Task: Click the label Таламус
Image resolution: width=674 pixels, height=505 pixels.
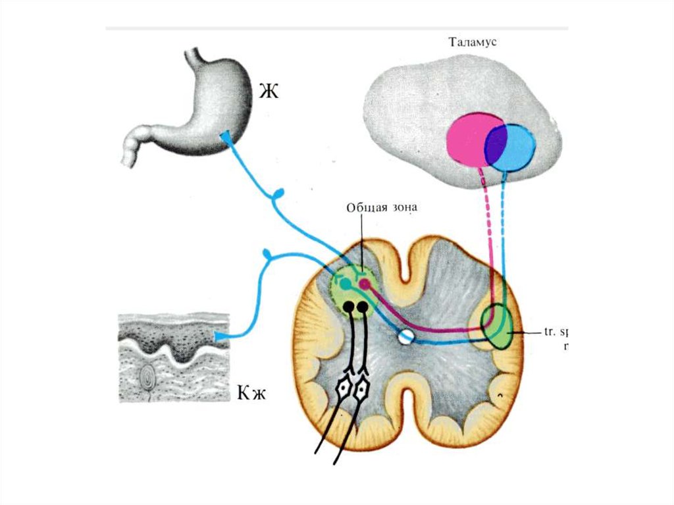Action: click(x=473, y=43)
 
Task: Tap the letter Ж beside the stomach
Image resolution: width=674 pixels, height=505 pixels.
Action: click(x=268, y=91)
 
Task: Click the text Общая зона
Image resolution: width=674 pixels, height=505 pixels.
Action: click(x=382, y=206)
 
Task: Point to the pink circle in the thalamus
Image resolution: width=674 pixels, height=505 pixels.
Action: click(x=467, y=139)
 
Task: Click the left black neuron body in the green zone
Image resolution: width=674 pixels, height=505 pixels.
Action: click(x=348, y=307)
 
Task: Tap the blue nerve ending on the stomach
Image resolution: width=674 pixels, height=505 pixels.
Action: click(x=226, y=136)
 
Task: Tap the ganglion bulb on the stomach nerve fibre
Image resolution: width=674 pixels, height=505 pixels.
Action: click(x=280, y=193)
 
